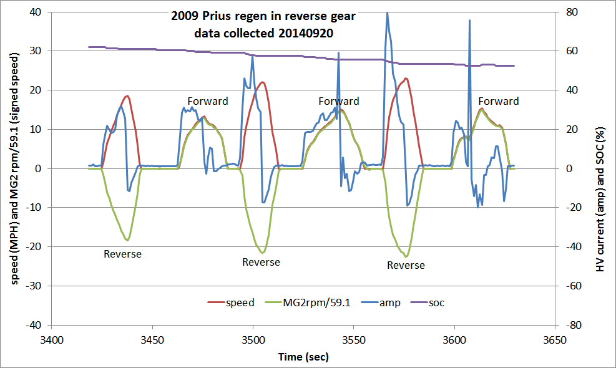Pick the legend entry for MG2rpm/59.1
pyautogui.click(x=307, y=303)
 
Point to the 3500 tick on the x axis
pyautogui.click(x=252, y=341)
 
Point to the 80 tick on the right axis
pyautogui.click(x=571, y=12)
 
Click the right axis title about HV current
pyautogui.click(x=600, y=168)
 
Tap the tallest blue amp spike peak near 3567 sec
pyautogui.click(x=387, y=12)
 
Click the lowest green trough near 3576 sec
pyautogui.click(x=406, y=256)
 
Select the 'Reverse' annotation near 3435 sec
pyautogui.click(x=122, y=254)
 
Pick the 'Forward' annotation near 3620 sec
pyautogui.click(x=499, y=101)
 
